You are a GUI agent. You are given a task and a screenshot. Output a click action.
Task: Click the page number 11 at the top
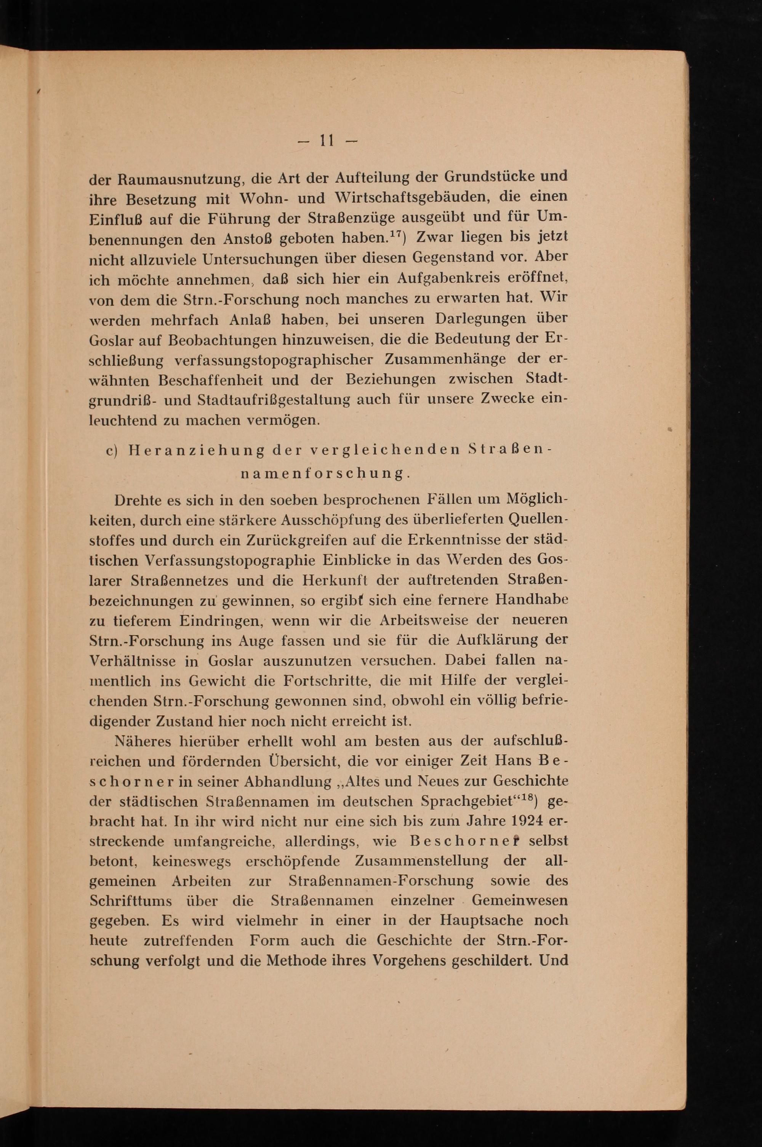coord(325,141)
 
